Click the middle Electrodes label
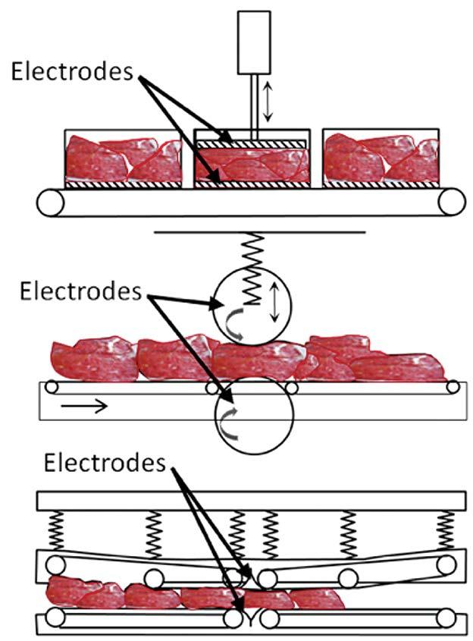pyautogui.click(x=82, y=291)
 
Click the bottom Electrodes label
pyautogui.click(x=105, y=463)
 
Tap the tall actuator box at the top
pyautogui.click(x=255, y=42)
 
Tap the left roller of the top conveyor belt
pyautogui.click(x=51, y=202)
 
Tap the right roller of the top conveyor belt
pyautogui.click(x=453, y=202)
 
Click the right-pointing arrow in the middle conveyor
pyautogui.click(x=83, y=405)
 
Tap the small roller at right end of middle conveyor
pyautogui.click(x=453, y=387)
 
